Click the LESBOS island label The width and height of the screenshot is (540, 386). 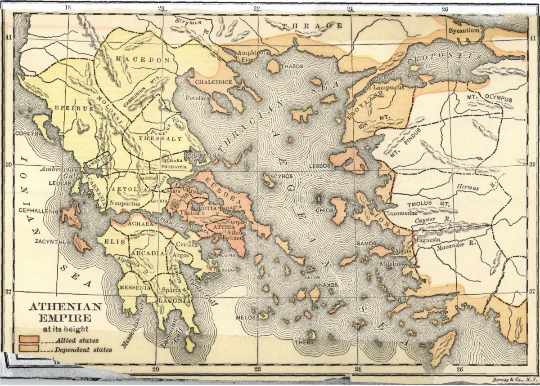coord(320,166)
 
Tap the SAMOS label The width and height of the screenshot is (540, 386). coord(366,243)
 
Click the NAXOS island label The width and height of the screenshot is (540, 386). coord(328,285)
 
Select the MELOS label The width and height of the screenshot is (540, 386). coord(246,318)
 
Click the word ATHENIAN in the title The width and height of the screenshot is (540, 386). coord(65,308)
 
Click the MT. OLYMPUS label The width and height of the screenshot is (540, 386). coord(490,98)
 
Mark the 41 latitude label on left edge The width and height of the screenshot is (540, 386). coord(8,38)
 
